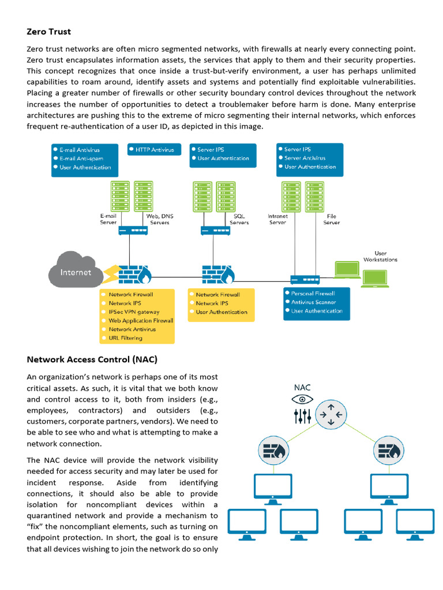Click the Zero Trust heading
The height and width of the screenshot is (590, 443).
pyautogui.click(x=49, y=32)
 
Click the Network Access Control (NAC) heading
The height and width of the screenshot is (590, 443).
pyautogui.click(x=92, y=360)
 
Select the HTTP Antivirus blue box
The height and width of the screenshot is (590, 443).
pyautogui.click(x=154, y=150)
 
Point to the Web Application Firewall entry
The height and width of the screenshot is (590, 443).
pyautogui.click(x=140, y=320)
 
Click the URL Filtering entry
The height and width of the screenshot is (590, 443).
pyautogui.click(x=125, y=338)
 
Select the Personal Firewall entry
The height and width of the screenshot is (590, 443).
pyautogui.click(x=314, y=293)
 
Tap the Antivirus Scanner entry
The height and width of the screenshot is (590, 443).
pyautogui.click(x=313, y=302)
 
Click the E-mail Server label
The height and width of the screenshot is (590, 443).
pyautogui.click(x=108, y=219)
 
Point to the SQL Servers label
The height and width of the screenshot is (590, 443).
pyautogui.click(x=239, y=219)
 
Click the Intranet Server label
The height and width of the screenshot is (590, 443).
pyautogui.click(x=277, y=219)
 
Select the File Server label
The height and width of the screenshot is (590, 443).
pyautogui.click(x=331, y=219)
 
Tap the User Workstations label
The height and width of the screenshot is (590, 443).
pyautogui.click(x=380, y=256)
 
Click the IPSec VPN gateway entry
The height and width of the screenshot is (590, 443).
pyautogui.click(x=134, y=312)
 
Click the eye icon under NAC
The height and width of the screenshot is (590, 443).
pyautogui.click(x=302, y=399)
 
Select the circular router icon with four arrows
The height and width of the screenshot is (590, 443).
pyautogui.click(x=331, y=415)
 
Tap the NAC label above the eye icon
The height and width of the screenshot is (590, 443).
pyautogui.click(x=302, y=387)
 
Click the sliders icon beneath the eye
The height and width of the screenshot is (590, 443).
pyautogui.click(x=302, y=416)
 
